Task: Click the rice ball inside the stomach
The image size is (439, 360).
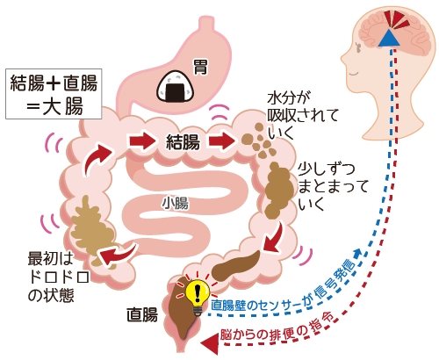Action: coord(176,86)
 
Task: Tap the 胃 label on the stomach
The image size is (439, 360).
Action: coord(201,68)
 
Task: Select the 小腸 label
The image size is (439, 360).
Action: coord(175,203)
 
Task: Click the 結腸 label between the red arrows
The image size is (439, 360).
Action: coord(183,142)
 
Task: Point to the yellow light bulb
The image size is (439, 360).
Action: coord(198,296)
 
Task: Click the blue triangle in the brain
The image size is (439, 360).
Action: coord(389,38)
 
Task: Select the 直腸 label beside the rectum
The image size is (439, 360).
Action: coord(142,315)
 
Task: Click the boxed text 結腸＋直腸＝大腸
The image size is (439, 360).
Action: coord(54,94)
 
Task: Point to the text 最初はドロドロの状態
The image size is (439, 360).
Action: coord(59,277)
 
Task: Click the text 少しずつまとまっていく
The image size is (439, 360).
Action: coord(333,186)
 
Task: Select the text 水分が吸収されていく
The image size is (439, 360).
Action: coord(303,116)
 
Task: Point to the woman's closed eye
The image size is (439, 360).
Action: coord(354,74)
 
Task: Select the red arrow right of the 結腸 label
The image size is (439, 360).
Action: coord(221,140)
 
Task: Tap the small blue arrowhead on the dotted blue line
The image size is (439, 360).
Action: coord(358,253)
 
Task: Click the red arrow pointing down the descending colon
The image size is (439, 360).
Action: coord(274,237)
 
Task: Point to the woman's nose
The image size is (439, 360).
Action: coord(343,60)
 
